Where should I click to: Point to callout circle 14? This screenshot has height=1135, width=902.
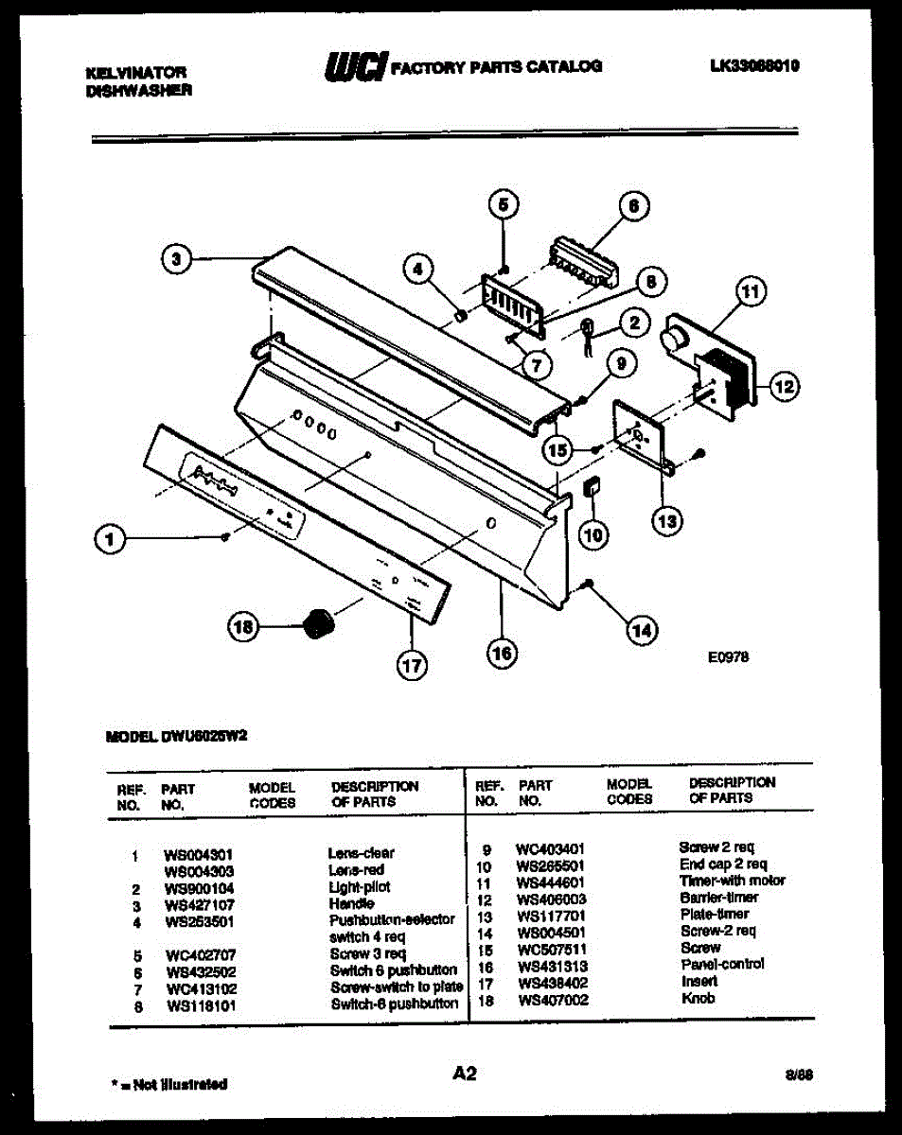[x=642, y=629]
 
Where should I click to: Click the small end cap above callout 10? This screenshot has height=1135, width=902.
[x=592, y=487]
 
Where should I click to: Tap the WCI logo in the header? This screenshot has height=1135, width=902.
[x=355, y=66]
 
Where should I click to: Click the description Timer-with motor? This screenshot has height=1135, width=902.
[x=732, y=881]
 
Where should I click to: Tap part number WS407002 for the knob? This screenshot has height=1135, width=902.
[x=554, y=999]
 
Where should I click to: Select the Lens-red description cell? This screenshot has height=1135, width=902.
[x=356, y=869]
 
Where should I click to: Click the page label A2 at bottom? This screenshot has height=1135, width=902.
[x=464, y=1073]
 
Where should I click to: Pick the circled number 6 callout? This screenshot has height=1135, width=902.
[x=634, y=205]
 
